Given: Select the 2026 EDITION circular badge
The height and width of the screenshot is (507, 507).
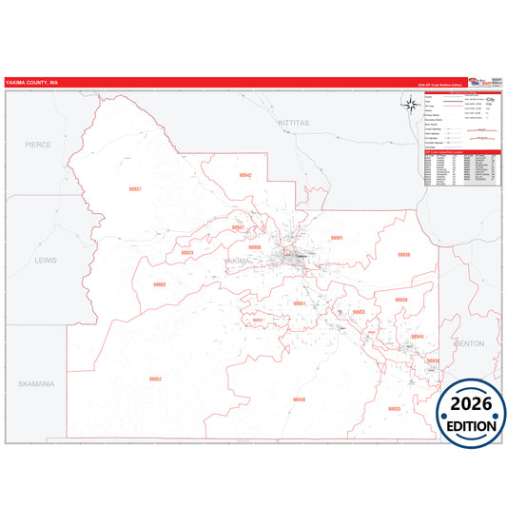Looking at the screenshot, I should coord(471,411).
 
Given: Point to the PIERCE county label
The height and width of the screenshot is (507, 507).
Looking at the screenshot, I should coord(39,145).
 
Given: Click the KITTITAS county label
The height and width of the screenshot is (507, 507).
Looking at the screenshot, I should coord(287,125).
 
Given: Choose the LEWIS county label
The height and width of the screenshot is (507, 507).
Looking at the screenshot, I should coord(46,259).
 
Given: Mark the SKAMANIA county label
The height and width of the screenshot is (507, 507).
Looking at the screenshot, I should coord(34,383).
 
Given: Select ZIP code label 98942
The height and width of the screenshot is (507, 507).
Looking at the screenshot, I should coord(245,176).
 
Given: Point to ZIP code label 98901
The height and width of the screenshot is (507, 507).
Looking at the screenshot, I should coord(336,237).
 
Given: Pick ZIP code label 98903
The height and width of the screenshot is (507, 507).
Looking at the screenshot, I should coord(159,284).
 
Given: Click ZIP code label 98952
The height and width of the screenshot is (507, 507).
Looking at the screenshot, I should coord(155,379).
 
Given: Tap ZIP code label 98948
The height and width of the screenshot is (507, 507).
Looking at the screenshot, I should coord(300,399).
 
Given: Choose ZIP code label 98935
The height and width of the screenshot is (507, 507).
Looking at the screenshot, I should coord(403,255).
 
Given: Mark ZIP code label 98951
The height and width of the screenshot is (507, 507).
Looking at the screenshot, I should coord(300,303).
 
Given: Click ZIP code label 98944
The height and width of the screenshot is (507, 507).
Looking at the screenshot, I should coord(417,337).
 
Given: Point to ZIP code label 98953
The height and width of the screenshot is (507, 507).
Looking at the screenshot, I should coord(359,312).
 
